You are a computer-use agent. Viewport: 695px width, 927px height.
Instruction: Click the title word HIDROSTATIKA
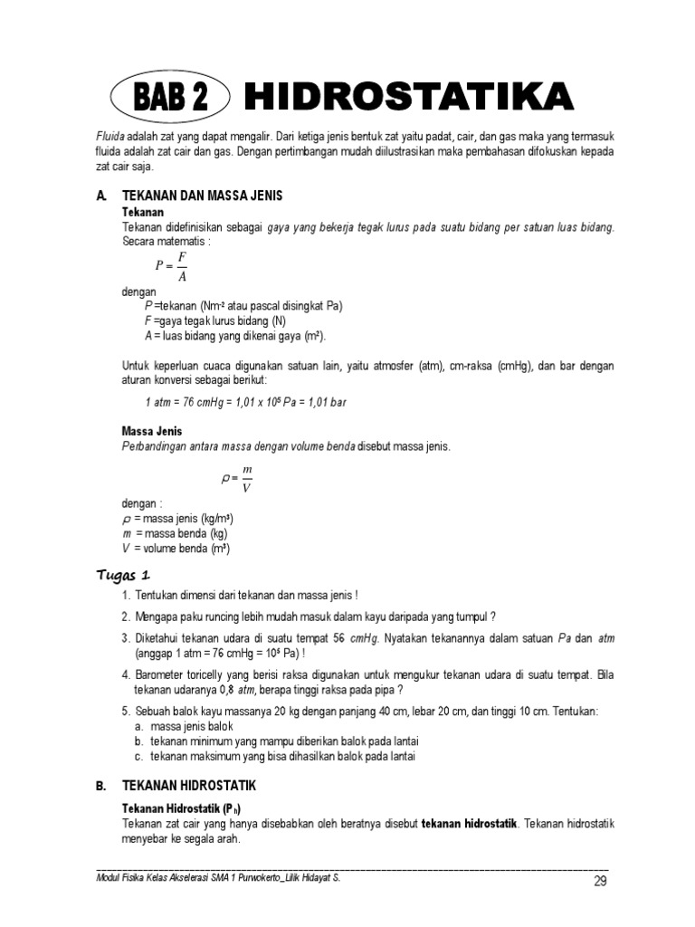point(408,97)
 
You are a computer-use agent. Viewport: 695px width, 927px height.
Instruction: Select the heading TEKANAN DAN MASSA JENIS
point(208,196)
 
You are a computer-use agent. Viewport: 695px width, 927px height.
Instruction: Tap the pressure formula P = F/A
point(172,266)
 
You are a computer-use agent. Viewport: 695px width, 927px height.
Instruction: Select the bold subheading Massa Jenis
point(152,432)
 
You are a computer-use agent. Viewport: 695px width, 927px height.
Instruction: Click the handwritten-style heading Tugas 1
point(123,575)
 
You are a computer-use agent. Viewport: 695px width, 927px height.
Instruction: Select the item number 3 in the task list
point(126,638)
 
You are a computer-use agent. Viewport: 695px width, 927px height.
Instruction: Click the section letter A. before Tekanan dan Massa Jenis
point(100,196)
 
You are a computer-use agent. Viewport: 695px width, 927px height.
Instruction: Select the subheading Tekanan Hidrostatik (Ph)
point(182,808)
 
